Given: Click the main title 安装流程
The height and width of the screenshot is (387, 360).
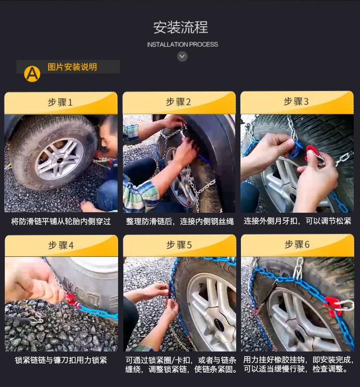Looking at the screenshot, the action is [180, 27].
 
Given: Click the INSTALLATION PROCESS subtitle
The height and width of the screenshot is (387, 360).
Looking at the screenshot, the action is [182, 45].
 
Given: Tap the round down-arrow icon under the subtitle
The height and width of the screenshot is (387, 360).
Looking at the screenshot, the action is [182, 57].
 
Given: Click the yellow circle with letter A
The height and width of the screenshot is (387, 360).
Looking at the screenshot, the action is [32, 73].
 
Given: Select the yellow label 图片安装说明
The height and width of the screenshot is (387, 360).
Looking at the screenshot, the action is [72, 67].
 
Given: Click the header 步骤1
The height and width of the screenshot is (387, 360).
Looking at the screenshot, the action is [60, 102].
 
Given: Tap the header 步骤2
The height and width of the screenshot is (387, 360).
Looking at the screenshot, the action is [179, 102].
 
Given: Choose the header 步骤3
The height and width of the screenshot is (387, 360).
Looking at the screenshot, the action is [296, 101].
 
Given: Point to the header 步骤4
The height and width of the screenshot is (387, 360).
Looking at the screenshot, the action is [60, 245].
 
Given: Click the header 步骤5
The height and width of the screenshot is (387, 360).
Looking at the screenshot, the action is [179, 245].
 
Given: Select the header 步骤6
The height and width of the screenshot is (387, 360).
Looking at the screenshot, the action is [297, 244].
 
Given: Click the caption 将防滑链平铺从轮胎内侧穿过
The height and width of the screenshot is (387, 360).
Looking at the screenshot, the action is [60, 221].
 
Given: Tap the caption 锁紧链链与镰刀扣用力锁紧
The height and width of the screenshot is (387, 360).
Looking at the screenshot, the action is [60, 360].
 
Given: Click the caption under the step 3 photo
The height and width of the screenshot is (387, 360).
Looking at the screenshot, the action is [297, 221].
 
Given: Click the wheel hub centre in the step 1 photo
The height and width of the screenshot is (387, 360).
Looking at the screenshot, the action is [59, 160].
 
